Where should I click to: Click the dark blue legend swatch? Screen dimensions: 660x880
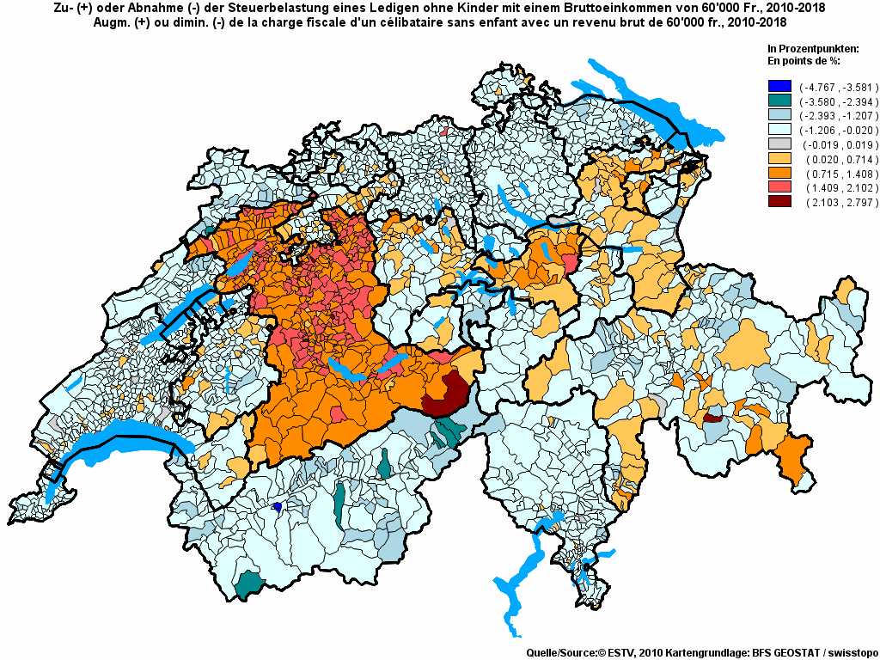click(x=779, y=87)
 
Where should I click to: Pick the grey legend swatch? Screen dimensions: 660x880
click(x=779, y=144)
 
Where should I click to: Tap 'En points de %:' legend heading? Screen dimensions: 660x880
click(x=803, y=61)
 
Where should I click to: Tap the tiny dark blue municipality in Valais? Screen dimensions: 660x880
click(x=278, y=507)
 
